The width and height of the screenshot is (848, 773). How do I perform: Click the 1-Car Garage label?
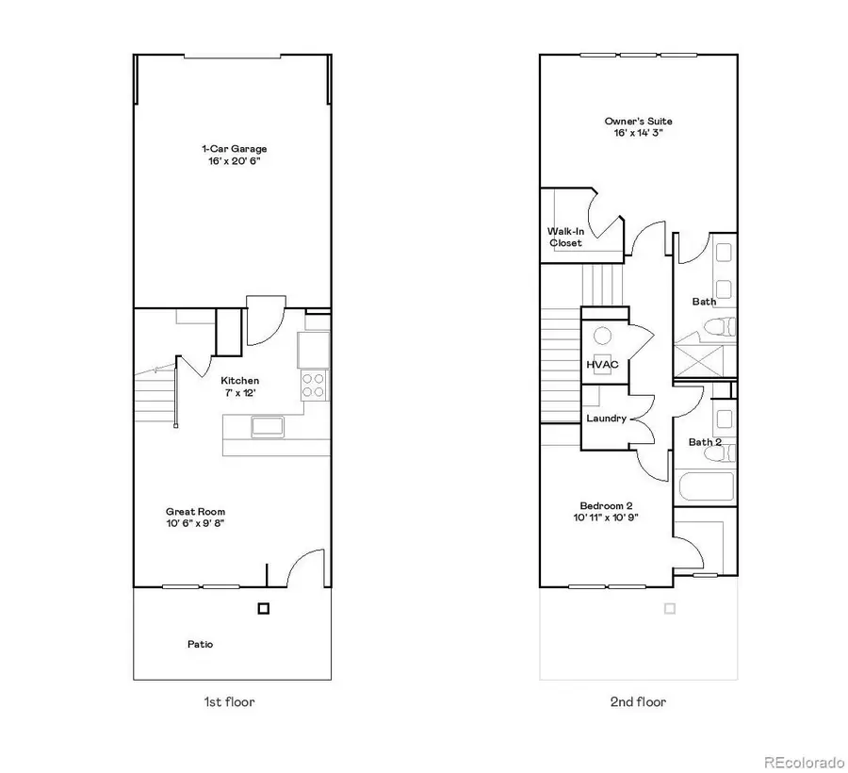pyautogui.click(x=234, y=149)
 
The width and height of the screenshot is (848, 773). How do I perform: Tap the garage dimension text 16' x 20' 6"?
pyautogui.click(x=234, y=161)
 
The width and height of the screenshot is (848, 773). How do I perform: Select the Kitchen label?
pyautogui.click(x=240, y=381)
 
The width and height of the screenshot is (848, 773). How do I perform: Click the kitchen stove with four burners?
pyautogui.click(x=314, y=385)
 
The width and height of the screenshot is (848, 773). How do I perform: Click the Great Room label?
pyautogui.click(x=195, y=512)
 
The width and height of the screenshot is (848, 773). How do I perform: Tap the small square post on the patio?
pyautogui.click(x=264, y=609)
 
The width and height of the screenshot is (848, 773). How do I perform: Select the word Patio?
pyautogui.click(x=200, y=645)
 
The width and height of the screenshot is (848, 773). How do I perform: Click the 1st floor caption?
pyautogui.click(x=230, y=701)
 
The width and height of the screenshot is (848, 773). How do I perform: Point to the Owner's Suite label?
pyautogui.click(x=638, y=122)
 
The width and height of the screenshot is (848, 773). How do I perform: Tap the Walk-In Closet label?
pyautogui.click(x=565, y=237)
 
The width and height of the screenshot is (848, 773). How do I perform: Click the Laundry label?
pyautogui.click(x=606, y=418)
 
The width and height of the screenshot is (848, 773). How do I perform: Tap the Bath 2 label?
pyautogui.click(x=705, y=441)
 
